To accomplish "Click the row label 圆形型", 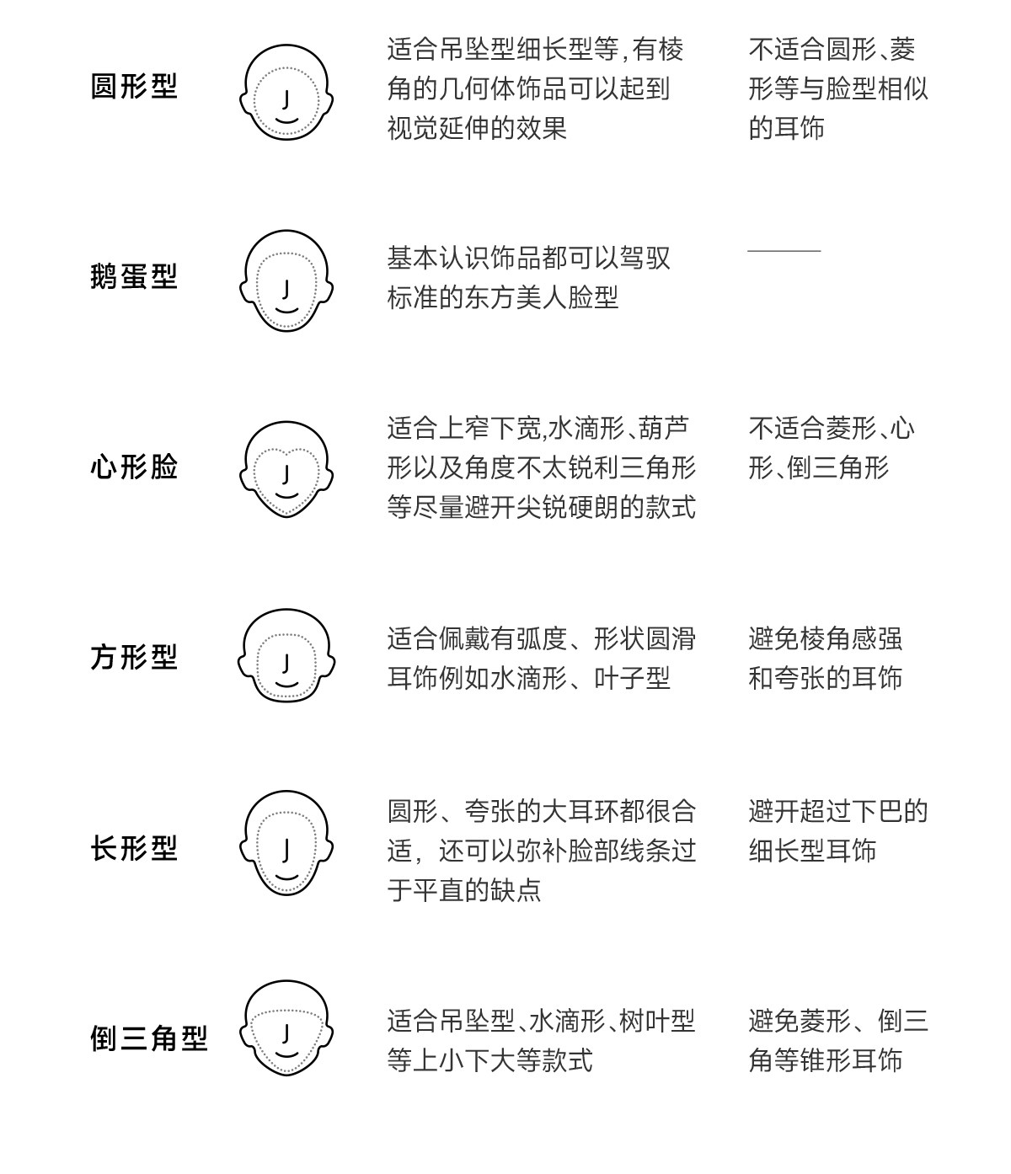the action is [134, 87].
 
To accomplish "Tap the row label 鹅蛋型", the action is [134, 276].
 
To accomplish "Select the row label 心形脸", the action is [134, 467].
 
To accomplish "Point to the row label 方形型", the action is [134, 657].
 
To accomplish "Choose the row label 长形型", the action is [134, 848].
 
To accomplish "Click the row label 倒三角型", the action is [148, 1038].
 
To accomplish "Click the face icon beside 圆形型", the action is [286, 92].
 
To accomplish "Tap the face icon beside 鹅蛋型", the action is [286, 280].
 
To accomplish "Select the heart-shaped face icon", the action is [286, 469].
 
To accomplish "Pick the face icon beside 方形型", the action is [286, 656].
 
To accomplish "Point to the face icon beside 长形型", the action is [286, 843].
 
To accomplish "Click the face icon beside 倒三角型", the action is [286, 1028].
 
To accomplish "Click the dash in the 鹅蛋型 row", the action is [784, 251].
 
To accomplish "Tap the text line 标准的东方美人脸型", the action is [503, 297].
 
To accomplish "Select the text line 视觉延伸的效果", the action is [477, 128].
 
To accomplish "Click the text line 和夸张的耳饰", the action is [825, 678].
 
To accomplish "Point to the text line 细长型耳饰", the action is [812, 851].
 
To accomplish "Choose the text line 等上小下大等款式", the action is [489, 1060].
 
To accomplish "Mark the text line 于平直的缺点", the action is [464, 889].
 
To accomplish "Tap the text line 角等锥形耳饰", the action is [825, 1060].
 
